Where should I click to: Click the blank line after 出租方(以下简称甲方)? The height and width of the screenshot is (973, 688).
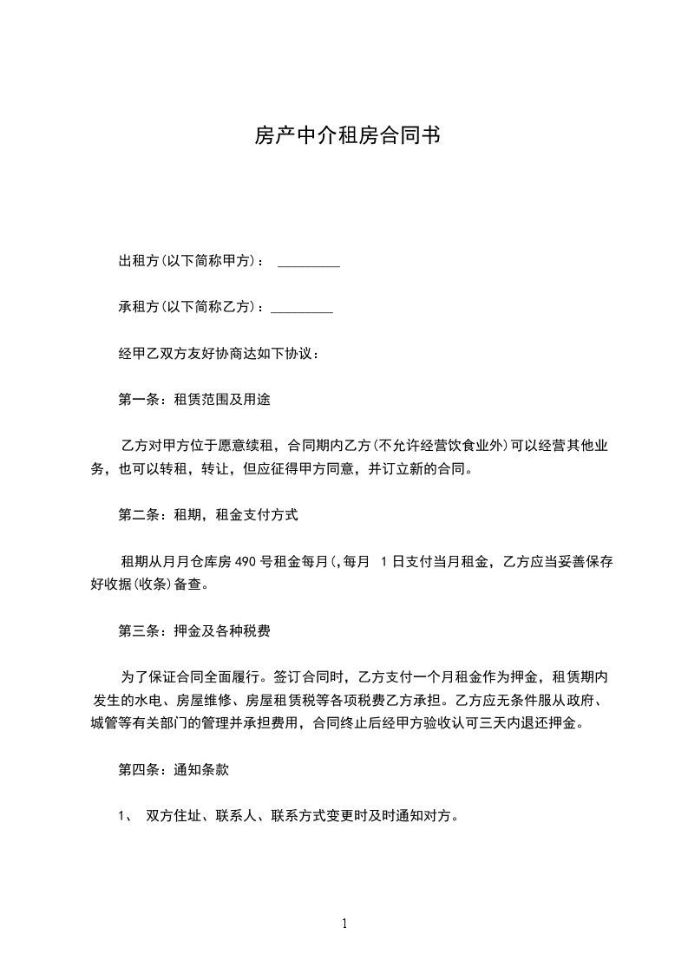point(308,262)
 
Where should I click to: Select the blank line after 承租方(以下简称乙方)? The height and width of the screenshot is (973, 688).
point(302,308)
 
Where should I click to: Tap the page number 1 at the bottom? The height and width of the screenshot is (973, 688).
point(344,924)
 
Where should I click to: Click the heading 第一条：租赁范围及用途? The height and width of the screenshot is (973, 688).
point(200,400)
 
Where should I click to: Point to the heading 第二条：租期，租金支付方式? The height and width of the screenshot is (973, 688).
point(208,515)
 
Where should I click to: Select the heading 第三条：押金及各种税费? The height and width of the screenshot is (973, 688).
point(194,630)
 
